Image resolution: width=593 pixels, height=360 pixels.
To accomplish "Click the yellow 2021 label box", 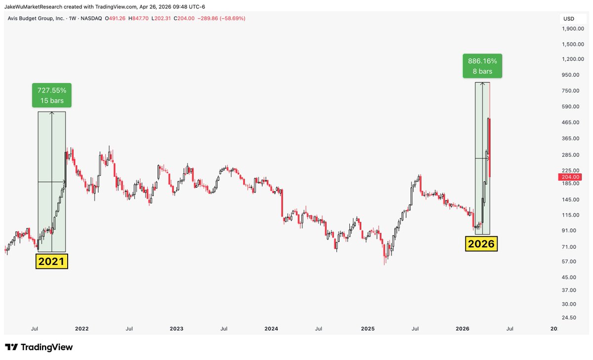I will tap(51, 261).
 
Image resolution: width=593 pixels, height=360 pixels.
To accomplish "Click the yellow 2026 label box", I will tap(481, 243).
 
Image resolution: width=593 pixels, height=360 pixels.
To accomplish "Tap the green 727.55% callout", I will tap(52, 95).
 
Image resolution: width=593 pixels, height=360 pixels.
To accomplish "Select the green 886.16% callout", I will tap(482, 66).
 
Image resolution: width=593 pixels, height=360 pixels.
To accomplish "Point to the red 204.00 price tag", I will tap(570, 177).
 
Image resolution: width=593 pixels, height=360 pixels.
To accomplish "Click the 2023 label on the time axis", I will tap(176, 328).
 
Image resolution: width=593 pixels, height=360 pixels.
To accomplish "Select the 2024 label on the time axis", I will tap(271, 328).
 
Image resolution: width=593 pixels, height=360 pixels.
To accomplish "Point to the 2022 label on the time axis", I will tap(82, 328).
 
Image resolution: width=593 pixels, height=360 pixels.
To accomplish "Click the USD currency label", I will tap(569, 19).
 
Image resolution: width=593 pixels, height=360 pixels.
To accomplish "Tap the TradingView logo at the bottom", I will tap(39, 347).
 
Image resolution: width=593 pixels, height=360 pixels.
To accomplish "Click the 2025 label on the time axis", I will tap(368, 328).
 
